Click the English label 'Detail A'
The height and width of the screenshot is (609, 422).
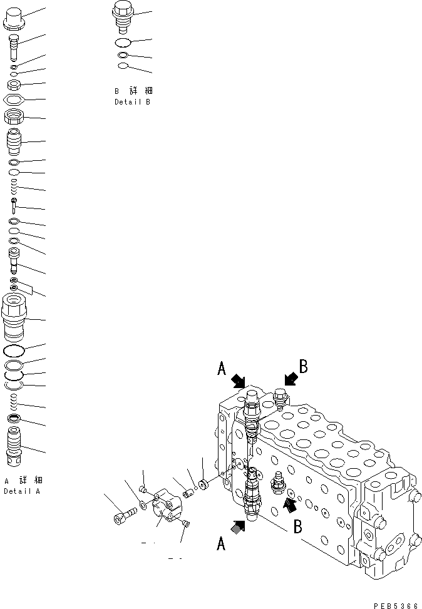click(23, 491)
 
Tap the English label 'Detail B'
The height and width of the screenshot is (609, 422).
click(132, 102)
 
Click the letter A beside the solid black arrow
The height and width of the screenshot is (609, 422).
click(221, 370)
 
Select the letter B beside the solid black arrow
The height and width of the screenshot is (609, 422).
click(302, 367)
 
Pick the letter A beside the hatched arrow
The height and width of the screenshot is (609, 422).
click(220, 545)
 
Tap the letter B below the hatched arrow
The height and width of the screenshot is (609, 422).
click(297, 526)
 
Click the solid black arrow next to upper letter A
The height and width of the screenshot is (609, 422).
click(239, 381)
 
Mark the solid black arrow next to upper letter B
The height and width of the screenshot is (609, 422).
click(289, 379)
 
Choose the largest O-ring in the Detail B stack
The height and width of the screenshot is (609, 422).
click(123, 43)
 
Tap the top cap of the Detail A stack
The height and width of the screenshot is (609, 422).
click(14, 18)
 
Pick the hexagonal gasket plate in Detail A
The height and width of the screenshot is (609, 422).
click(15, 100)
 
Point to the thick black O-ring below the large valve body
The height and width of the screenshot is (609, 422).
click(14, 351)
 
